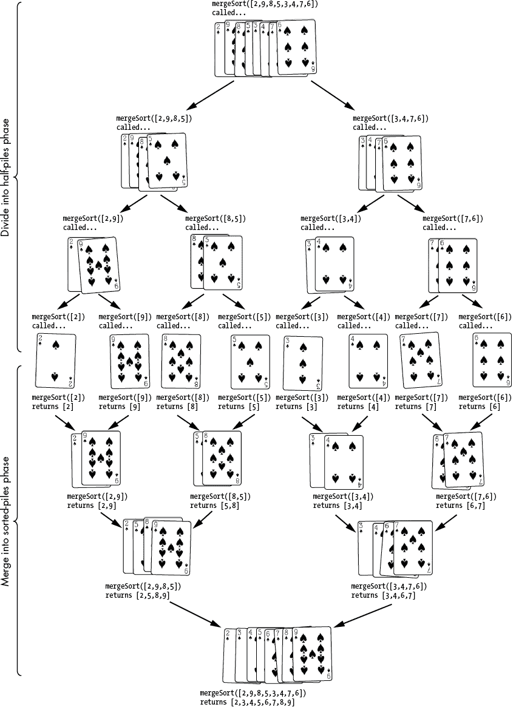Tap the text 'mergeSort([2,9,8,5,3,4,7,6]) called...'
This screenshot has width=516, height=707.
click(x=265, y=8)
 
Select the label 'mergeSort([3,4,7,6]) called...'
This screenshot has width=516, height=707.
click(x=390, y=123)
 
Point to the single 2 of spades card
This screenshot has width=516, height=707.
click(x=56, y=361)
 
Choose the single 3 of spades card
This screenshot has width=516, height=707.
click(x=302, y=362)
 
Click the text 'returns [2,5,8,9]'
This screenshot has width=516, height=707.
click(x=138, y=595)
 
